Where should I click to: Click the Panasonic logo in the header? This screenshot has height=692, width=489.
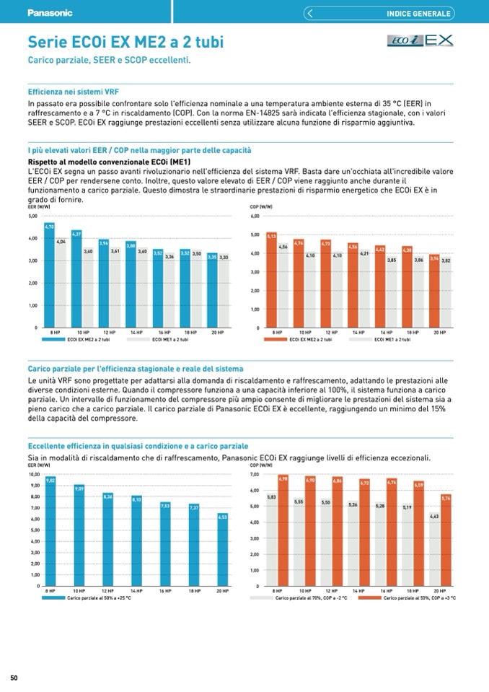[50, 12]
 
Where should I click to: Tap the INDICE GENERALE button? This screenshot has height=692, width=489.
[418, 13]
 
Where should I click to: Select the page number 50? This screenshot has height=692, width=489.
[14, 678]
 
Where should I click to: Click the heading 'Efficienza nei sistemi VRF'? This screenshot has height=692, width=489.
[73, 92]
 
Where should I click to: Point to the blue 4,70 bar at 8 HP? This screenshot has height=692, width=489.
[49, 278]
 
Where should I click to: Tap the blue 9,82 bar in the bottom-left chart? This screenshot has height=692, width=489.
[50, 531]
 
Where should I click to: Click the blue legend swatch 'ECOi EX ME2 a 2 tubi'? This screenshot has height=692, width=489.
[54, 339]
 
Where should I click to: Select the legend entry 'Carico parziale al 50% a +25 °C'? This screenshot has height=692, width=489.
[54, 598]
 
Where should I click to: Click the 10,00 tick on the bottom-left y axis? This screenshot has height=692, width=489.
[34, 475]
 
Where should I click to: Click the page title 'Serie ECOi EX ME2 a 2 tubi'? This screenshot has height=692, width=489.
[125, 43]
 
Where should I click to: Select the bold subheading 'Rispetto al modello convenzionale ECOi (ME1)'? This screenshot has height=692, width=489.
[108, 162]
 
